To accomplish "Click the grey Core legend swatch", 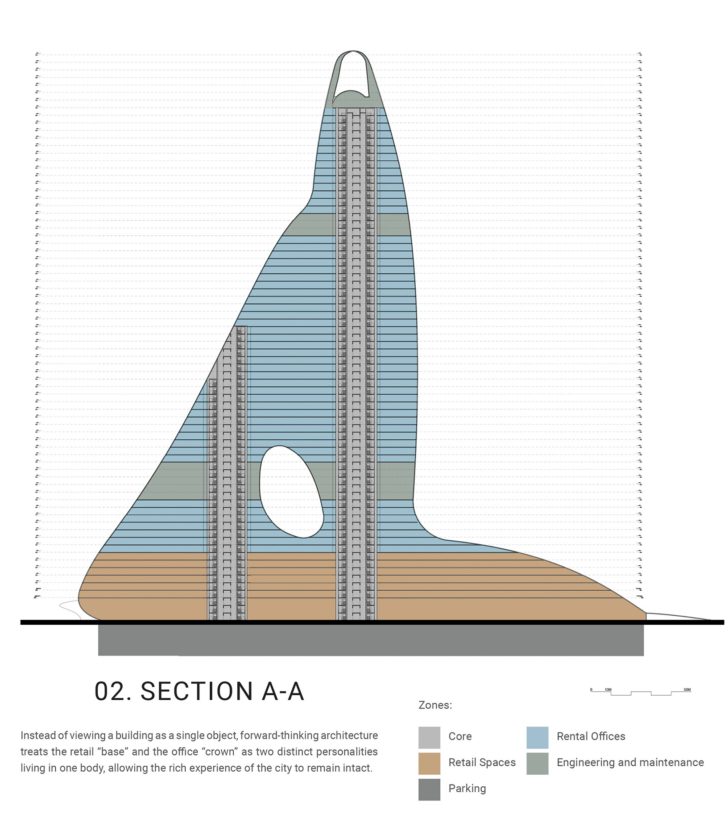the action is point(429,737).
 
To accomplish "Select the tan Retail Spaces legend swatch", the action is point(429,763).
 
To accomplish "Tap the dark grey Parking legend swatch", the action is point(429,789).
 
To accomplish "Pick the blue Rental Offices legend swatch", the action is point(537,737).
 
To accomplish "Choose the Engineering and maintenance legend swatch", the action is point(537,763).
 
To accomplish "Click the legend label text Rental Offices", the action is point(591,736).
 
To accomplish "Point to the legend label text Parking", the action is point(467,788).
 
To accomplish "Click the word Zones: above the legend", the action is point(435,705).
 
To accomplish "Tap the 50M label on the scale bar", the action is point(687,689).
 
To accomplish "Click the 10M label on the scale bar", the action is point(608,689).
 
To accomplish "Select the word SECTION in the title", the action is point(197,692).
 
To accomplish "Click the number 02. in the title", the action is point(113,692).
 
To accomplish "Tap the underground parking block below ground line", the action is point(370,639).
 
